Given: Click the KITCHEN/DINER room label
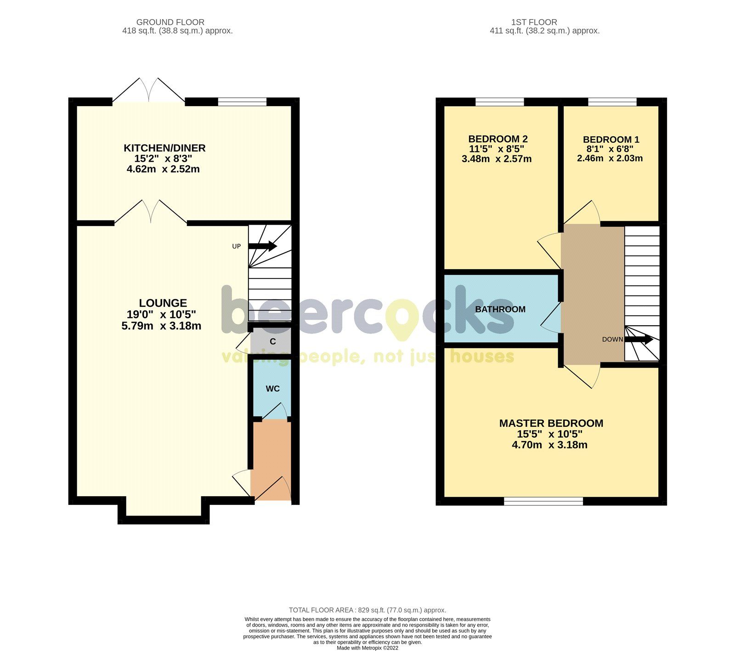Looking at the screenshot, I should point(164,148).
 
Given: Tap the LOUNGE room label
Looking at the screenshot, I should point(163,303).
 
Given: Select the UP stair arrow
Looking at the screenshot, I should point(263,246).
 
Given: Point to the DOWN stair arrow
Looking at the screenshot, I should point(639,340).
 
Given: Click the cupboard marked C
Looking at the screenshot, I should point(272,342).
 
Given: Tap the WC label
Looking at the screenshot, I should point(272,389).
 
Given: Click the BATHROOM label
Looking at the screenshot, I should point(500,309).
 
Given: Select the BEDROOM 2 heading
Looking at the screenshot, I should point(498,139).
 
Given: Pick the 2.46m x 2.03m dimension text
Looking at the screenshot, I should point(610,159).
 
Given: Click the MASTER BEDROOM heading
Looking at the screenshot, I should point(551,423).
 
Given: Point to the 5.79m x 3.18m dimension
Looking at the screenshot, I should point(161,326).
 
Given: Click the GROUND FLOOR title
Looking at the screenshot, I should point(170,22).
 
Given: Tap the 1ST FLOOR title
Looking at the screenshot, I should point(534,22).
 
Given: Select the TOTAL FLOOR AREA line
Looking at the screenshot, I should point(367,610).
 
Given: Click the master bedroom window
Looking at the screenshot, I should point(543,501).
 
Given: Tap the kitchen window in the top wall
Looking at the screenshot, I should point(242,102).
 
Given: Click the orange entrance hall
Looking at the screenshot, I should point(271,459).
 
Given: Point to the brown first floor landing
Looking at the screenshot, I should point(593,294).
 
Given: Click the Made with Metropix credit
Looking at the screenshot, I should point(367,648).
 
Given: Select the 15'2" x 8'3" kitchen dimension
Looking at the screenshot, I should point(163,159).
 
